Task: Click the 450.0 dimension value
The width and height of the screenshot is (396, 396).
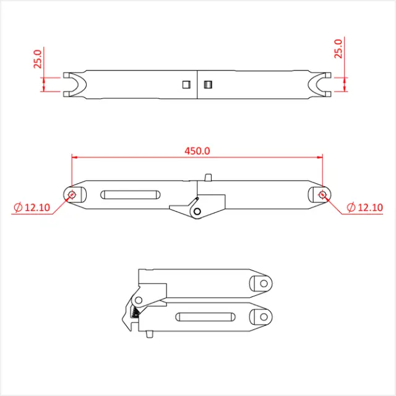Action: pos(197,150)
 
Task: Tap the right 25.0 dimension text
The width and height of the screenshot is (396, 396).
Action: pos(338,48)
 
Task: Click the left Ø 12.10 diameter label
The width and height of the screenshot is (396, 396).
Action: pos(32,207)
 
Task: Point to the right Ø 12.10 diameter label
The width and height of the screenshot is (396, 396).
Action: pos(364,207)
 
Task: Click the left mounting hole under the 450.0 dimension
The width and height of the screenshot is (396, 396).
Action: pos(72,195)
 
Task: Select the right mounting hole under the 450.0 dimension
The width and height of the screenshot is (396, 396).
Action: pos(322,195)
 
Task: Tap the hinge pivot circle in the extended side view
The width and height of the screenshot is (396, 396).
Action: pos(197,212)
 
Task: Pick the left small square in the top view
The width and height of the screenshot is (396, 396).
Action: pos(185,84)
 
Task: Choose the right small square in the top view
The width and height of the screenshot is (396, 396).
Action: pos(208,84)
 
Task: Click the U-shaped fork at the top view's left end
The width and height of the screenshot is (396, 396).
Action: pos(72,85)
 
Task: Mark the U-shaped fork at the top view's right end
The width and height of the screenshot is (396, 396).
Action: pos(322,85)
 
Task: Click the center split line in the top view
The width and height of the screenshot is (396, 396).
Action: pos(197,85)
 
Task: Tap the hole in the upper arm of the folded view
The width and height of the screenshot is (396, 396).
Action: pos(262,283)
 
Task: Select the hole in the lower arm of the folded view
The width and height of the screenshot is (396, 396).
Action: pos(262,317)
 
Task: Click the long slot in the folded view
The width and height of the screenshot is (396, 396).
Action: pos(204,317)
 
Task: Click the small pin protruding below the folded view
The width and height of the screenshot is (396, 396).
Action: pos(150,336)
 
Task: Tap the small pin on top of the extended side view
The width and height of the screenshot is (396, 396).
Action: pos(209,178)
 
